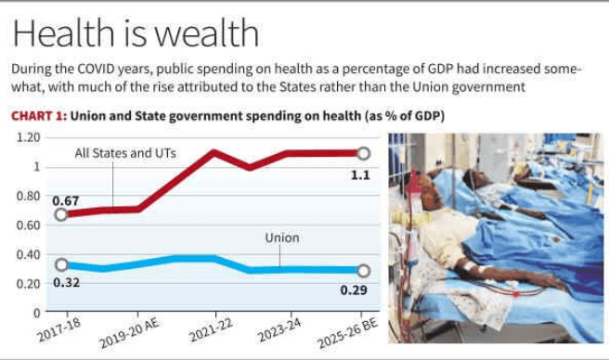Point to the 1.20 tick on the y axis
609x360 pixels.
[29, 137]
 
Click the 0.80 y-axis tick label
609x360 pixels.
[29, 196]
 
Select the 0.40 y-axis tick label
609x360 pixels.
[29, 254]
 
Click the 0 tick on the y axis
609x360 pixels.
[37, 313]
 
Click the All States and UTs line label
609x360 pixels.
[126, 153]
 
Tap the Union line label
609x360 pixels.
[282, 238]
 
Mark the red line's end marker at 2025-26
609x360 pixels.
[363, 153]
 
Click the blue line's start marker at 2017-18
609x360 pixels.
[62, 265]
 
